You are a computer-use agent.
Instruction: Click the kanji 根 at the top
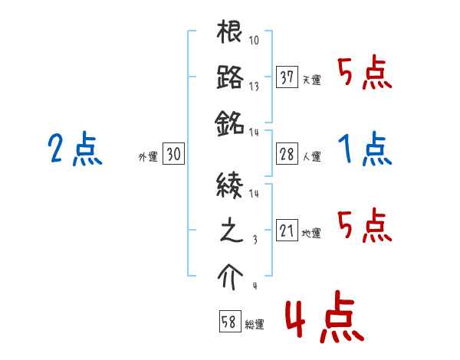click(x=230, y=34)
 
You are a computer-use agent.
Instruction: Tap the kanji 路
click(x=230, y=77)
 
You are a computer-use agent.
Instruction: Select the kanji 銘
click(x=230, y=121)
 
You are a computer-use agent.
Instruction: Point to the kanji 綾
click(x=230, y=185)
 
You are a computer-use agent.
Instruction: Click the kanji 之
click(x=230, y=231)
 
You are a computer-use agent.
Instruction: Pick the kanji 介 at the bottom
click(x=230, y=275)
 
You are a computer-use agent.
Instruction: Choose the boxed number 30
click(x=173, y=155)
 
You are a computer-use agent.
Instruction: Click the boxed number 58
click(x=229, y=322)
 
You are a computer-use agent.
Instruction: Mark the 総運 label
click(x=255, y=325)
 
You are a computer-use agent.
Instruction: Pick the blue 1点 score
click(x=365, y=149)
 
